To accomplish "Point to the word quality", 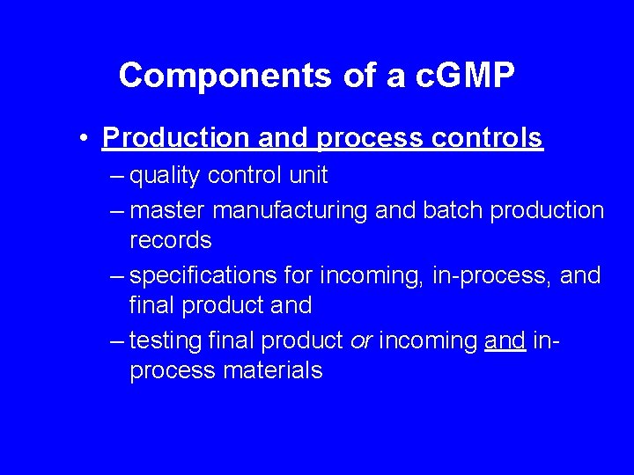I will tap(166, 176).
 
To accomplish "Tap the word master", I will tap(167, 211).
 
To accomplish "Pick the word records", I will tap(171, 240).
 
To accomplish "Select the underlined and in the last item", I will tap(505, 340).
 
